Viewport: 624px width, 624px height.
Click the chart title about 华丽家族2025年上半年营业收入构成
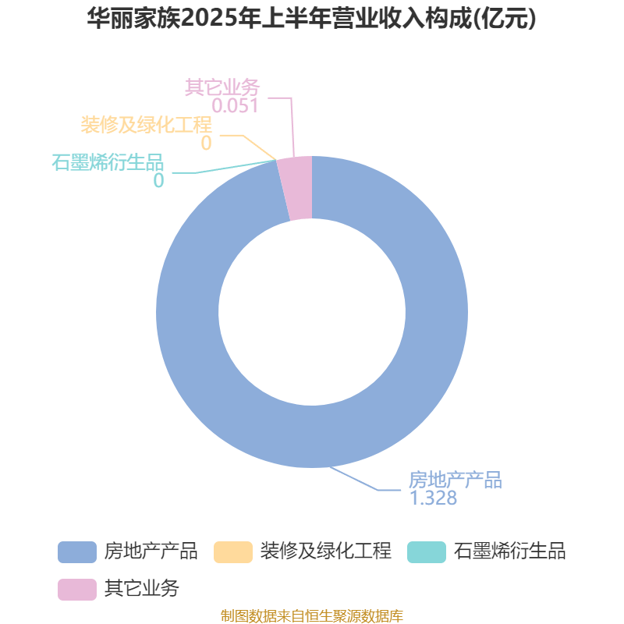pos(311,18)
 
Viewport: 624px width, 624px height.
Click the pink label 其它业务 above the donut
pos(222,87)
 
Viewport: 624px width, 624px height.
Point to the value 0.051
pos(236,106)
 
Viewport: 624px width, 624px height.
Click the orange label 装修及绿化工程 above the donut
pos(146,125)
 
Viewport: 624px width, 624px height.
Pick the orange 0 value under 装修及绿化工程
pos(206,144)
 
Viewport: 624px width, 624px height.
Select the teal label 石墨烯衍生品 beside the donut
pos(108,162)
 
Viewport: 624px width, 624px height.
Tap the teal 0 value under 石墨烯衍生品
pos(159,181)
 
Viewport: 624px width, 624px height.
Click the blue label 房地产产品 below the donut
pos(456,480)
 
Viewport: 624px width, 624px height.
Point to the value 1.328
pos(434,498)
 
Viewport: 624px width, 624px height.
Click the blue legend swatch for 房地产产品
pos(77,552)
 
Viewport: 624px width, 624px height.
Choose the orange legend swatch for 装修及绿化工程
pos(233,552)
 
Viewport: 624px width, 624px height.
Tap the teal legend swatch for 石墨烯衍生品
pos(427,552)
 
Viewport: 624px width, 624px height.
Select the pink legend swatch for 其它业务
pos(77,590)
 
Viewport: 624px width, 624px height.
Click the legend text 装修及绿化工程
pos(326,551)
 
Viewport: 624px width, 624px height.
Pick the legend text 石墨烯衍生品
pos(510,551)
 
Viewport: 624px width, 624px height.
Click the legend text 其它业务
pos(142,589)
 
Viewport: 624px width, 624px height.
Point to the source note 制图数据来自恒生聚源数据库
pos(312,615)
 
